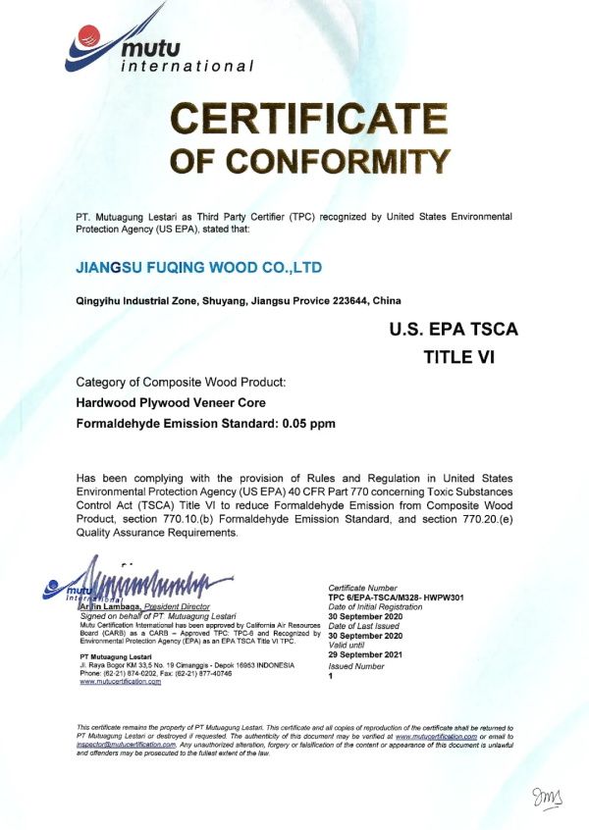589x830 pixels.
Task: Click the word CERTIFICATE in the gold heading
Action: [311, 119]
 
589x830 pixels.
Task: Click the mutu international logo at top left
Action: [157, 48]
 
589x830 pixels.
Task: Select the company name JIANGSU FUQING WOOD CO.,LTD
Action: [199, 267]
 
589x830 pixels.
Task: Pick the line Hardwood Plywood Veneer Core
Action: [171, 402]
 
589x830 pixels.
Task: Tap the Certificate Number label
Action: [364, 589]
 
